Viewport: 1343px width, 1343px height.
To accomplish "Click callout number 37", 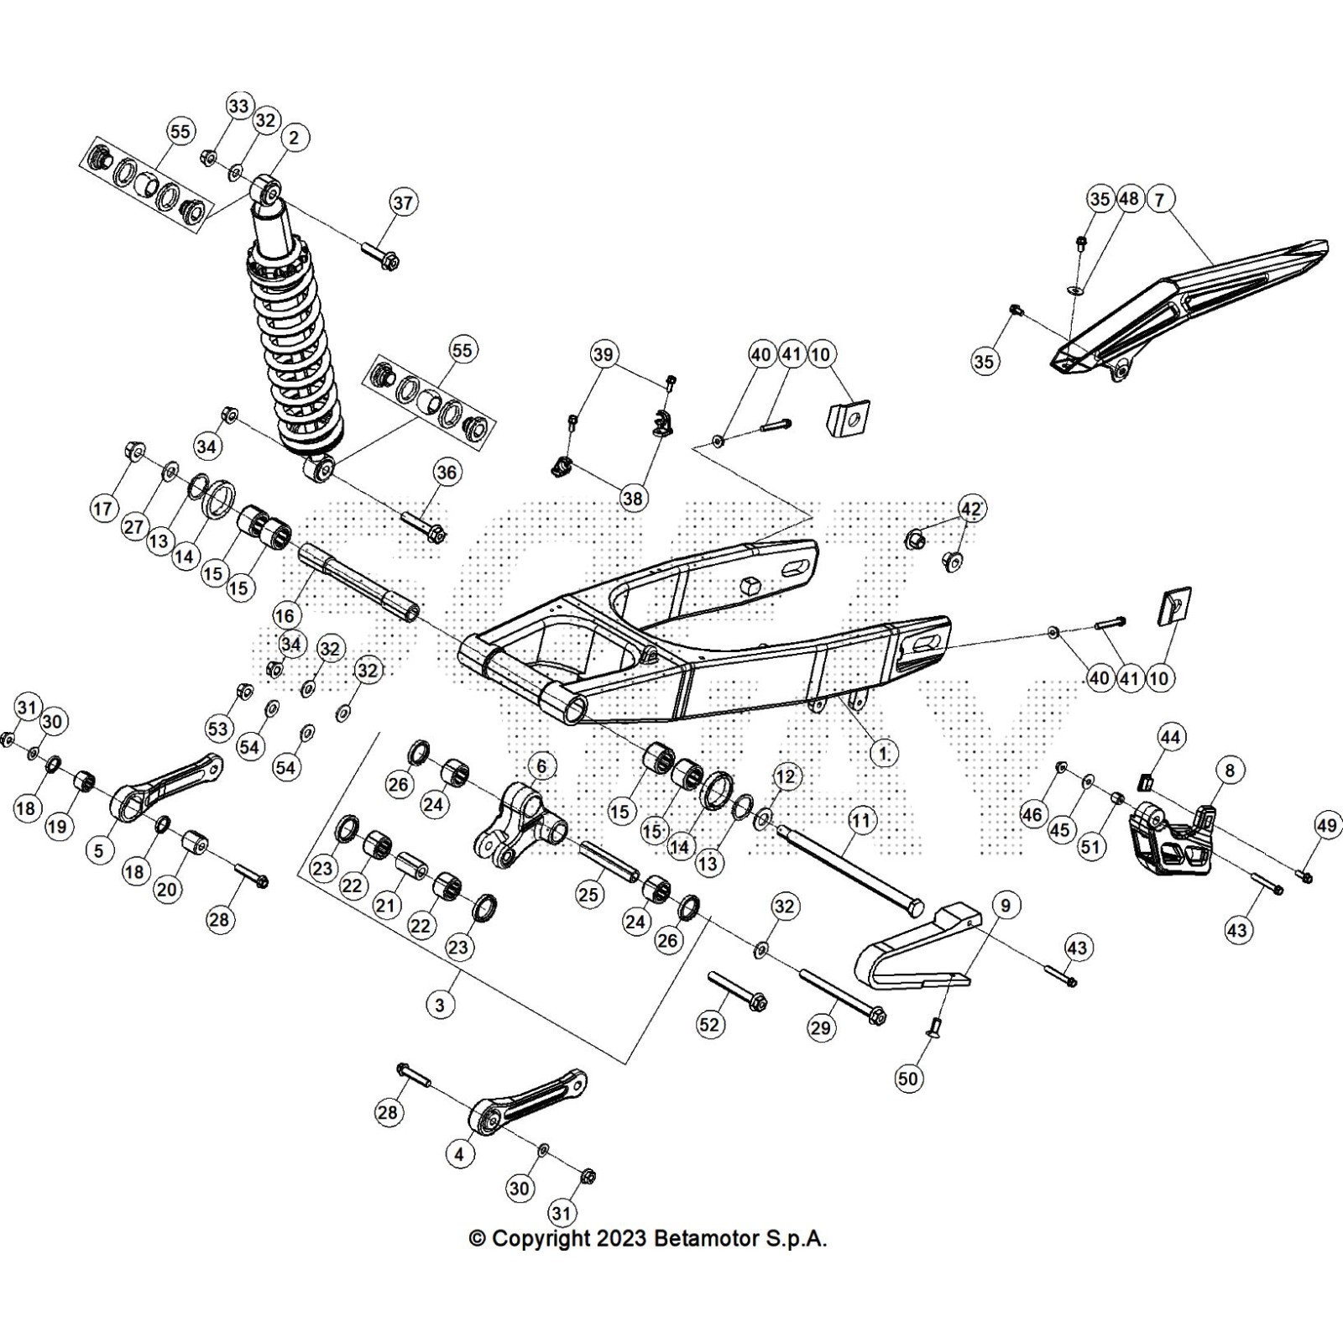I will (403, 203).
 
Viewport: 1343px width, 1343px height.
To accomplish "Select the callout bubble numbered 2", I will (294, 138).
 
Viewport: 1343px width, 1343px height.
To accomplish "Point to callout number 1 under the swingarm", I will (883, 754).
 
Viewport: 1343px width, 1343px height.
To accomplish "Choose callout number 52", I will (710, 1025).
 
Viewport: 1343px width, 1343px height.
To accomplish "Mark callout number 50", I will (908, 1078).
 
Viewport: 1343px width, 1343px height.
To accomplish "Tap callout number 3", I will (440, 1005).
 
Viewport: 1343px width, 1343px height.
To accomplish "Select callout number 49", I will (1326, 827).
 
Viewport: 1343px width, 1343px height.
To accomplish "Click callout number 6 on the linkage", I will (541, 766).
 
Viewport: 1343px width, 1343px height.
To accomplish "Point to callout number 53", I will (218, 729).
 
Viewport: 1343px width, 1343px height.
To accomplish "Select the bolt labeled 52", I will (739, 990).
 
